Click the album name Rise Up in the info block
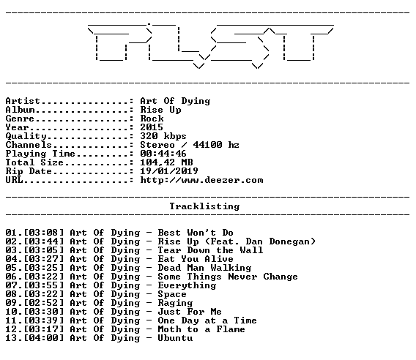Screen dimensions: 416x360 click(161, 110)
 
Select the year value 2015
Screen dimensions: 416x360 click(152, 127)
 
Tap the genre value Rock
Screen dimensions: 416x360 click(152, 119)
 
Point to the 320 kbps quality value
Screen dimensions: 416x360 click(163, 136)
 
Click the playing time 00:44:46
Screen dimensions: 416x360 click(163, 154)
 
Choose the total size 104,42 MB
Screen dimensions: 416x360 click(166, 162)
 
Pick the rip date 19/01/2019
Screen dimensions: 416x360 click(169, 171)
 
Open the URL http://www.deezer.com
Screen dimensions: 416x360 click(201, 180)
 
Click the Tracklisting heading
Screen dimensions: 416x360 click(204, 206)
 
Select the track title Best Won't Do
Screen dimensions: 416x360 click(196, 233)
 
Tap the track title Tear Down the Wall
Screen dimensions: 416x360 click(210, 250)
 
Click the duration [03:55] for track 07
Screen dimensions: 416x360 click(44, 285)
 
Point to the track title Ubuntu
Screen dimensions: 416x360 click(175, 338)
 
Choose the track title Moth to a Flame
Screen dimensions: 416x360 click(201, 329)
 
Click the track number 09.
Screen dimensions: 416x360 click(11, 303)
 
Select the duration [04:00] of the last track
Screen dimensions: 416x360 click(44, 338)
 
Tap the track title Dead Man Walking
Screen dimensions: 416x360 click(204, 268)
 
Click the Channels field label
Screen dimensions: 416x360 click(29, 145)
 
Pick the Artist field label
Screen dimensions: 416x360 click(23, 101)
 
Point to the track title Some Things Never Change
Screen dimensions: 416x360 click(228, 277)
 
